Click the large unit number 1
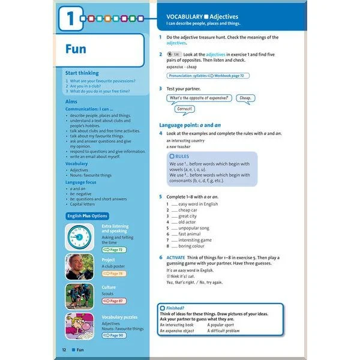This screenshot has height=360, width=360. [x=71, y=18]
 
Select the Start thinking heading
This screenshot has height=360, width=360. [x=82, y=73]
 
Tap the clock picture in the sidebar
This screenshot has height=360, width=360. [x=79, y=236]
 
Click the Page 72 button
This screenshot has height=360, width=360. [x=114, y=249]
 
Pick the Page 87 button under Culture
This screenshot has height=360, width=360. [x=114, y=301]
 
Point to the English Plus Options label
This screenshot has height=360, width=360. [x=88, y=216]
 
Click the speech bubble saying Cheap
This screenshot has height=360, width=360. [x=245, y=98]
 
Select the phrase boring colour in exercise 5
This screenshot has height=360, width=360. [x=191, y=246]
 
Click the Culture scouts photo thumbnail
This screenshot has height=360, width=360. [x=79, y=296]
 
